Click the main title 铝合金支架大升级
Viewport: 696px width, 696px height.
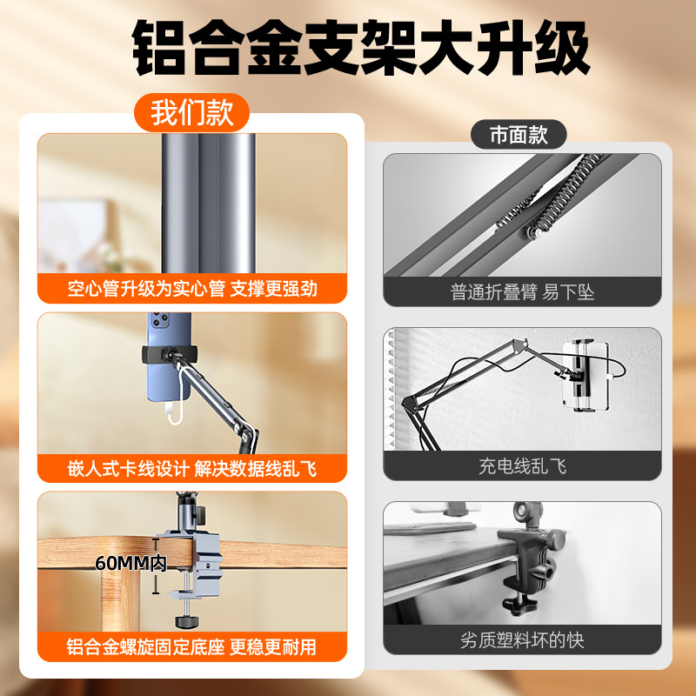click(x=361, y=48)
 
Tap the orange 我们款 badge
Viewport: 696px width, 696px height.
click(x=191, y=112)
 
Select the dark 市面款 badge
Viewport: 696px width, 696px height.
click(x=519, y=135)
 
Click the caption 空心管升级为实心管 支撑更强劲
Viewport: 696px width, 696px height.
click(x=192, y=289)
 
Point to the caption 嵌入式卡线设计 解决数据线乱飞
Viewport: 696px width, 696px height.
click(x=192, y=468)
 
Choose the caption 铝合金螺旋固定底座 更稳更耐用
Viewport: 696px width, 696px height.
click(x=191, y=646)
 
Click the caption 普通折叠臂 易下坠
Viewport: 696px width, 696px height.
click(x=523, y=292)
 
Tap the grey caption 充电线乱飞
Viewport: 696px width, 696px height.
click(x=523, y=466)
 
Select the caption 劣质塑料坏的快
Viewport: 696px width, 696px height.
click(x=523, y=640)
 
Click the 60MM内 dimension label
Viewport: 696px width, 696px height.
click(x=131, y=563)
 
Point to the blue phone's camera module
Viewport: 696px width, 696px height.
click(x=159, y=318)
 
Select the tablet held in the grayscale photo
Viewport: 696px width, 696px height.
click(x=585, y=376)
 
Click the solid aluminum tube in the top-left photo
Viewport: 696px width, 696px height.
click(x=208, y=203)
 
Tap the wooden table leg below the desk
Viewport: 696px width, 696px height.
click(x=120, y=600)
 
